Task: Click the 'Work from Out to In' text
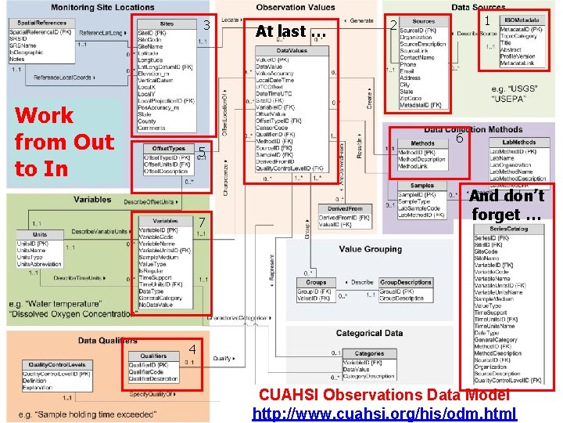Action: (x=64, y=142)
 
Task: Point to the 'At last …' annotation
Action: (x=290, y=33)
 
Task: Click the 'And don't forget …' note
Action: (x=507, y=206)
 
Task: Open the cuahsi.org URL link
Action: (x=385, y=413)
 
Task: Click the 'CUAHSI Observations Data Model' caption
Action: (x=385, y=395)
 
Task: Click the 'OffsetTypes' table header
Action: (x=168, y=148)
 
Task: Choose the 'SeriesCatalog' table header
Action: (x=506, y=229)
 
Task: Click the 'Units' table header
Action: (x=39, y=234)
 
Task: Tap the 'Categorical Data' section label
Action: (x=368, y=332)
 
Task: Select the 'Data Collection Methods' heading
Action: (x=473, y=129)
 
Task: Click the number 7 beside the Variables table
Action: (x=201, y=222)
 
